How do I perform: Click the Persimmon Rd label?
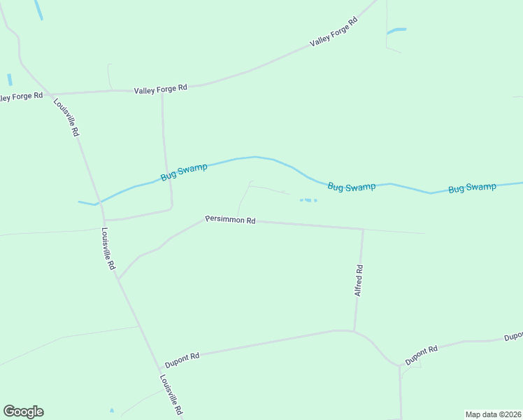pos(230,220)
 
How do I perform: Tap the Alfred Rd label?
pos(359,280)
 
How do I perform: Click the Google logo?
pos(23,412)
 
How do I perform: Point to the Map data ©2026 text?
pos(493,414)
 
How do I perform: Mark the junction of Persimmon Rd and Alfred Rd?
pos(363,229)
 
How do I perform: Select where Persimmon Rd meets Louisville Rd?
pos(118,279)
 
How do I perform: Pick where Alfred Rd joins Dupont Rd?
pos(354,330)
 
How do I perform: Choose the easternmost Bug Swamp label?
pos(472,188)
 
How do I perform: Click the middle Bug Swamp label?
pos(352,187)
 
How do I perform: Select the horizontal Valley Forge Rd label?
pos(161,88)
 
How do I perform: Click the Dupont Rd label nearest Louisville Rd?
pos(182,360)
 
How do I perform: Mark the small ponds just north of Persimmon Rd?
pos(308,200)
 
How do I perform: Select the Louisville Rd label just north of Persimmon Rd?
pos(107,248)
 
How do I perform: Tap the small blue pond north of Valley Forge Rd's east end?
pos(396,31)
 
